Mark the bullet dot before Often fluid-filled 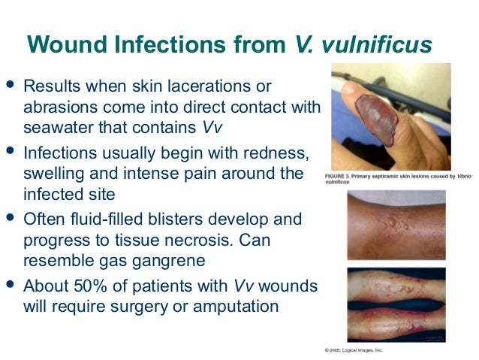tap(10, 217)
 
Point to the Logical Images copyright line tap(353, 350)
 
